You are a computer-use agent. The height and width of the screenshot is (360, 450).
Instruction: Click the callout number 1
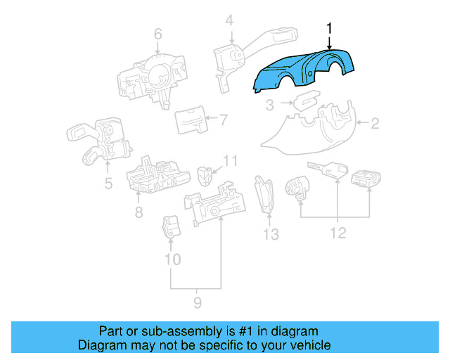[x=328, y=27]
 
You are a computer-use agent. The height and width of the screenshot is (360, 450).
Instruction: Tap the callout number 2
[x=375, y=124]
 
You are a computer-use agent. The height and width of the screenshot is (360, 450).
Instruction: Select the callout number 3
[x=269, y=105]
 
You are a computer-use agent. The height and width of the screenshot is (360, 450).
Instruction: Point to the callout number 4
[x=229, y=20]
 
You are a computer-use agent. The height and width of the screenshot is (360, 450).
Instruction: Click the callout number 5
[x=108, y=184]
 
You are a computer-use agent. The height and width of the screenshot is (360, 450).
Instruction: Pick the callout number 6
[x=157, y=33]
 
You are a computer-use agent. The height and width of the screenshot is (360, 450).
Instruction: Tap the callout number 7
[x=223, y=120]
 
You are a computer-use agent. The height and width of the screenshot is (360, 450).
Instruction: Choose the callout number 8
[x=139, y=212]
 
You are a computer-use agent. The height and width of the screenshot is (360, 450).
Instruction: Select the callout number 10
[x=172, y=259]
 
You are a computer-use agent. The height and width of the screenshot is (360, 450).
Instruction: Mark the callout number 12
[x=339, y=233]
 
